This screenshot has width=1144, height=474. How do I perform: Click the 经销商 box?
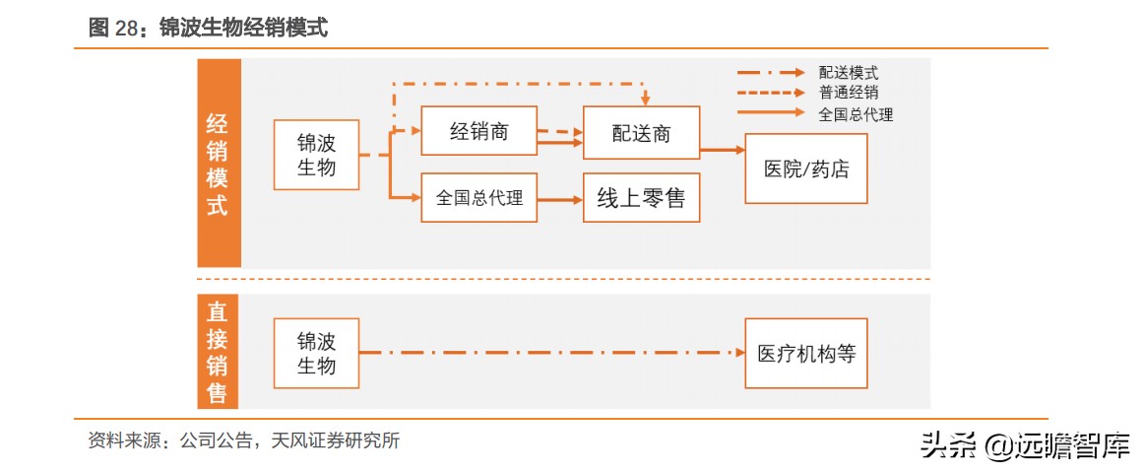tap(479, 131)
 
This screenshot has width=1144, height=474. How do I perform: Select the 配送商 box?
tap(641, 133)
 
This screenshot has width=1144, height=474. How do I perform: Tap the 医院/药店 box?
tap(805, 168)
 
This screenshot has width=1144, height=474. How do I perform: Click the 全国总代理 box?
tap(479, 199)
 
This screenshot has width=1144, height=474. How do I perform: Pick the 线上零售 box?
tap(641, 199)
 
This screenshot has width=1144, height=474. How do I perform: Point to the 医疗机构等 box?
tap(805, 353)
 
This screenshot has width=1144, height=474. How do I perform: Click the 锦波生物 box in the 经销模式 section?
tap(316, 155)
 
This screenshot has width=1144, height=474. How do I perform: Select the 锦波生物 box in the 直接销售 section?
tap(316, 353)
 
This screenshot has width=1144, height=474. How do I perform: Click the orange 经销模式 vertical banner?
tap(219, 164)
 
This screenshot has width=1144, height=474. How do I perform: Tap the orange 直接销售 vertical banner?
tap(219, 353)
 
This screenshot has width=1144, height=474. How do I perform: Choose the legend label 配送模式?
tap(848, 72)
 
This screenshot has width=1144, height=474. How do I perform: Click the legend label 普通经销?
tap(848, 93)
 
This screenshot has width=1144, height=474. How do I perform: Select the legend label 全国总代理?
tap(856, 114)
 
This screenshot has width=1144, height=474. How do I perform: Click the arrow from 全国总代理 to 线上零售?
tap(560, 200)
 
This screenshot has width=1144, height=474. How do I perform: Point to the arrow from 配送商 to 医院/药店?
tap(722, 151)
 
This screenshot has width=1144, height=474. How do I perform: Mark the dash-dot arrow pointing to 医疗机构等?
tap(551, 353)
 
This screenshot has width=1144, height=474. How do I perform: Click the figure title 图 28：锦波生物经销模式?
tap(208, 29)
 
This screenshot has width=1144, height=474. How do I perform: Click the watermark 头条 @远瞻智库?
tap(1024, 446)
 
